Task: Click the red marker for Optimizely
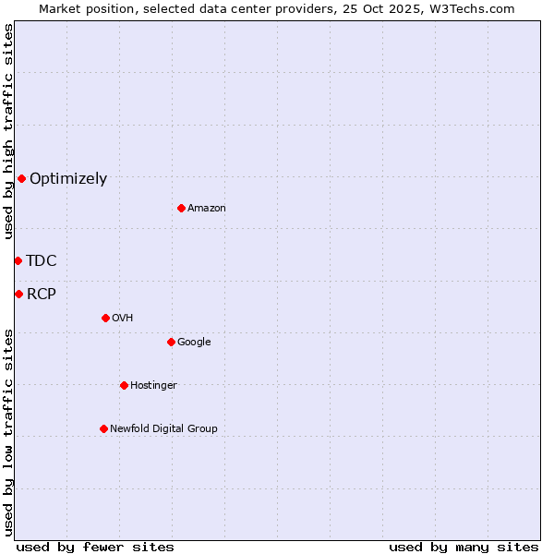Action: [21, 178]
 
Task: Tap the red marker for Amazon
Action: [181, 208]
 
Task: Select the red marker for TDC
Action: [18, 260]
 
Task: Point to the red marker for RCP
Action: [18, 294]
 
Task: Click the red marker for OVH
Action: [105, 318]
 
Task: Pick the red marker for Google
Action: [171, 342]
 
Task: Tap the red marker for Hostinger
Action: [124, 385]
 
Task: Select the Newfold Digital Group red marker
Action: [103, 428]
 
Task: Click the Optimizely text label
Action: [68, 179]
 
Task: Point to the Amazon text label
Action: [207, 209]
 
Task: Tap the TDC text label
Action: [42, 261]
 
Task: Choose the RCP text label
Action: [42, 295]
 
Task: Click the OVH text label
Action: [123, 319]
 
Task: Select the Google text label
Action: [194, 343]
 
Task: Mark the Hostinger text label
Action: [153, 386]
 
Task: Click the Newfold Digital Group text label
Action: [163, 429]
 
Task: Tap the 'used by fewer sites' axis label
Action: [95, 548]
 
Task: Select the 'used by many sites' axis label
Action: [464, 548]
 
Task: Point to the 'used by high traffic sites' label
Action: [8, 131]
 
